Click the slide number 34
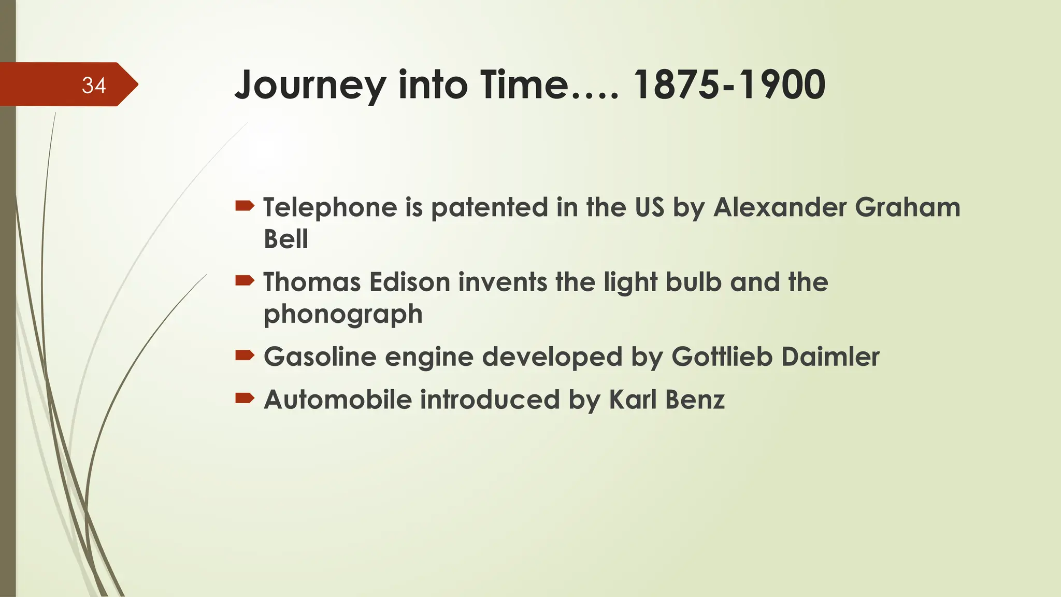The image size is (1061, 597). [x=94, y=86]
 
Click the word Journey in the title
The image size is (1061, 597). [x=310, y=86]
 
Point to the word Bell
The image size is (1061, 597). [x=285, y=239]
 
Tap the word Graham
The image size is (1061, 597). [x=907, y=207]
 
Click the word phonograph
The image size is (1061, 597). [x=343, y=315]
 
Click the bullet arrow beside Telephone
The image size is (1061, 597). [x=245, y=207]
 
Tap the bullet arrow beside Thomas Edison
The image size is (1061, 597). [x=245, y=281]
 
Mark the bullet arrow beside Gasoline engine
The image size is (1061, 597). [x=245, y=356]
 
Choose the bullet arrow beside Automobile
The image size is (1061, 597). [x=245, y=399]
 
